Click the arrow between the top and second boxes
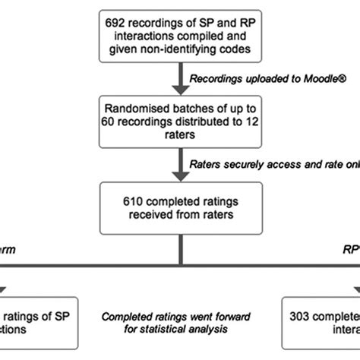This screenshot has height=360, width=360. tap(180, 79)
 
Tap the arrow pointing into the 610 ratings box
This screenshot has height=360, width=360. tap(180, 176)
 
